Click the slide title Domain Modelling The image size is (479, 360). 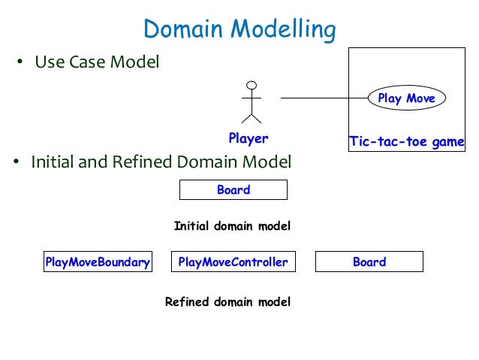(x=239, y=29)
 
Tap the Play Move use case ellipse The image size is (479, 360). (x=405, y=98)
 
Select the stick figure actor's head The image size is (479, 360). (x=252, y=84)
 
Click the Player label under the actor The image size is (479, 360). (x=248, y=138)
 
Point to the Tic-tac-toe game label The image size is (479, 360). (x=406, y=141)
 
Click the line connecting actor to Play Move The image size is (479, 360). (x=323, y=98)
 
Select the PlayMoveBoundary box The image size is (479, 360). (x=98, y=262)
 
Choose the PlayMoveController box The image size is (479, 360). (x=233, y=262)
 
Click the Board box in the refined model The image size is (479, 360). (x=369, y=262)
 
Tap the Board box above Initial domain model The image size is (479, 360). (x=233, y=190)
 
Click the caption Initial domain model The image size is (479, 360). (x=232, y=225)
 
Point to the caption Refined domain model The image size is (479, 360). (x=227, y=302)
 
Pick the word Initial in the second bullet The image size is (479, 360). (x=53, y=162)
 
